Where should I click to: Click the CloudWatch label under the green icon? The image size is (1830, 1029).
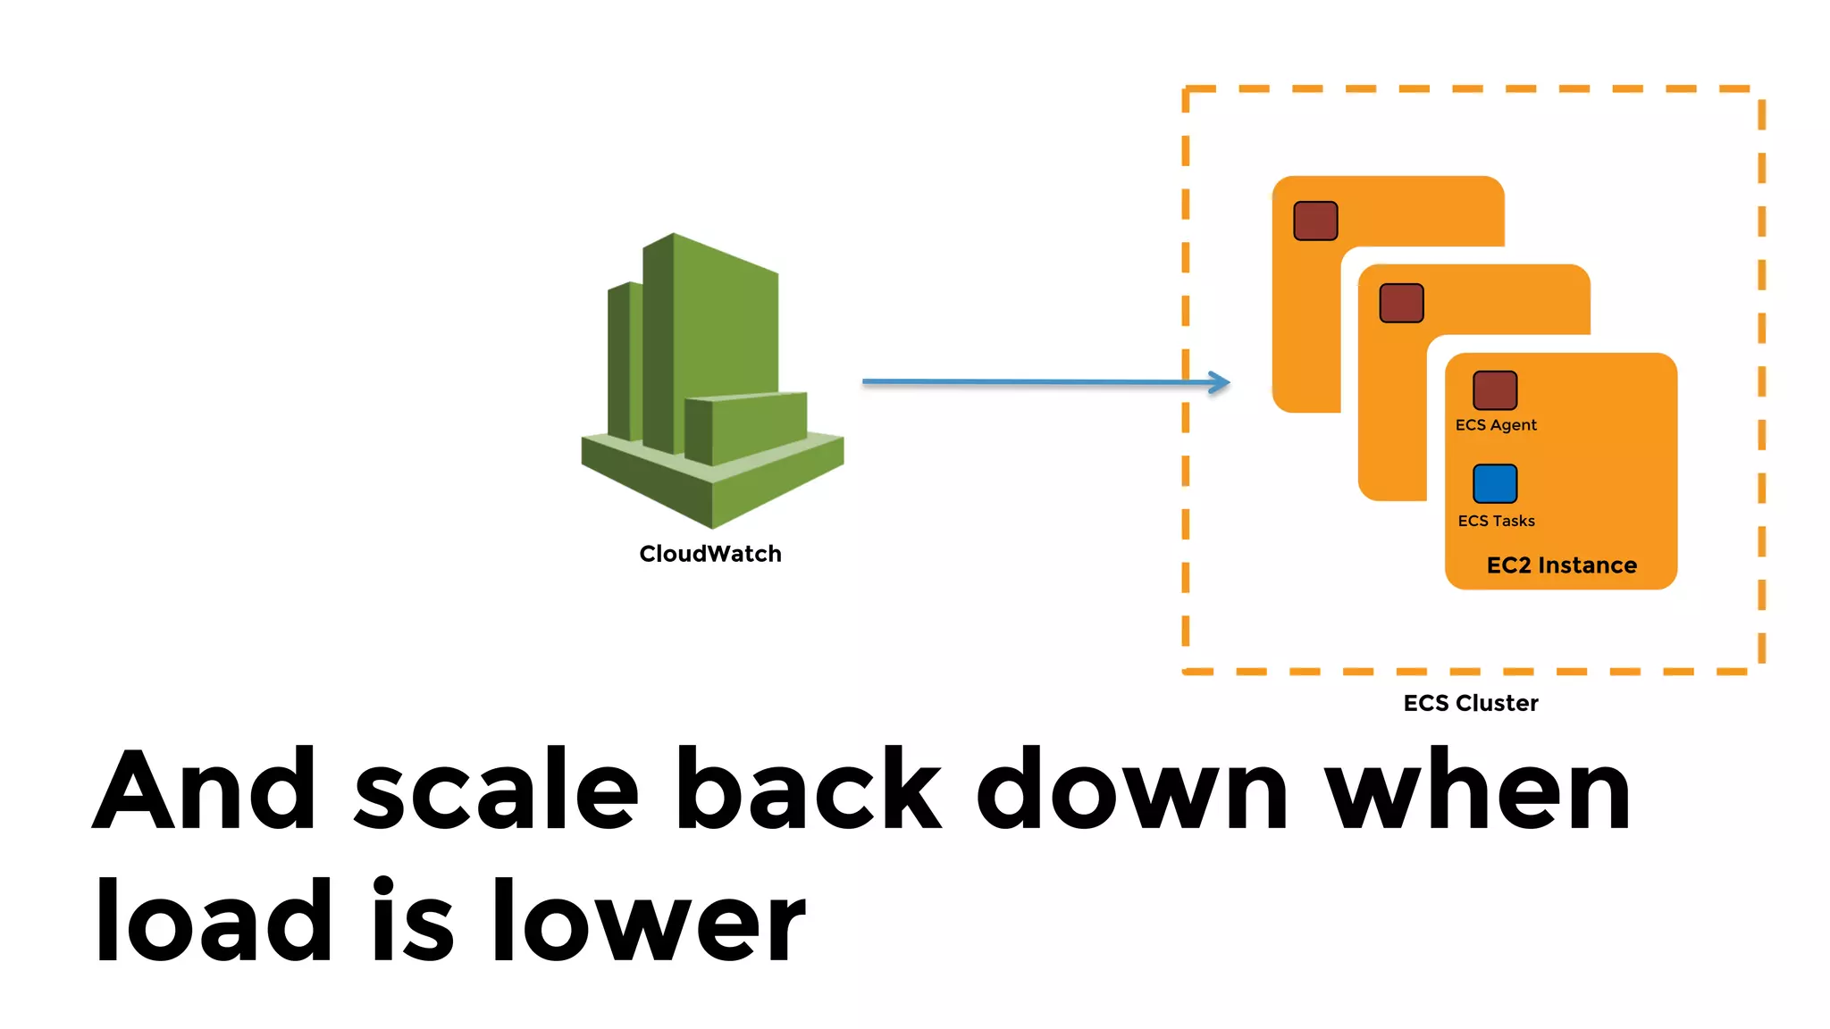pyautogui.click(x=710, y=554)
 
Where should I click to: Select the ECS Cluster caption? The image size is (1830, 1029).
pyautogui.click(x=1471, y=703)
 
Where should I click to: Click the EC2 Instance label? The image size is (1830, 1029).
pyautogui.click(x=1561, y=565)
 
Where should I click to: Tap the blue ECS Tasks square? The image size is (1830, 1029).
pyautogui.click(x=1495, y=483)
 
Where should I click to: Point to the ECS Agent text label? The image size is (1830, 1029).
pyautogui.click(x=1496, y=425)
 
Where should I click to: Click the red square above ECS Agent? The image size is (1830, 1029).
pyautogui.click(x=1495, y=390)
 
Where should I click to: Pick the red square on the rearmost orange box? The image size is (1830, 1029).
pyautogui.click(x=1315, y=221)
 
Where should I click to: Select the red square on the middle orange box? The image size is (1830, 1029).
pyautogui.click(x=1401, y=303)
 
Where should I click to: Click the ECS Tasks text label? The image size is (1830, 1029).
pyautogui.click(x=1496, y=521)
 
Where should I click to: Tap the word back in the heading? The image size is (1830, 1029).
pyautogui.click(x=808, y=789)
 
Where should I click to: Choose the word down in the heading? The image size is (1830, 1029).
pyautogui.click(x=1132, y=789)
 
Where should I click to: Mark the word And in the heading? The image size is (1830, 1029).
pyautogui.click(x=205, y=789)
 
